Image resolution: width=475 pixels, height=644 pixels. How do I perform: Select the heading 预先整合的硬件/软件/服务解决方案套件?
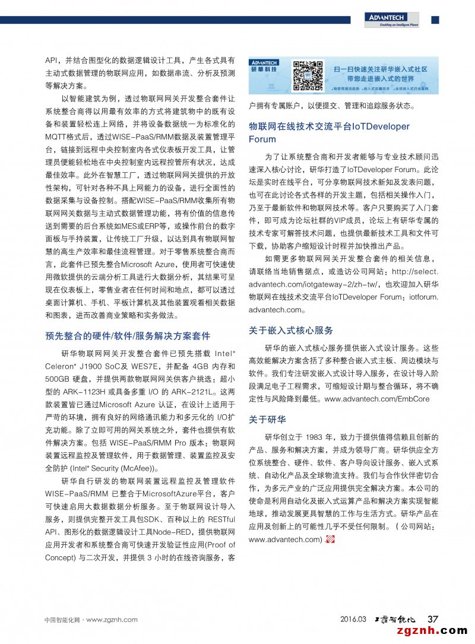pyautogui.click(x=128, y=336)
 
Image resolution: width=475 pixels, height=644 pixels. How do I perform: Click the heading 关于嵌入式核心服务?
pyautogui.click(x=291, y=331)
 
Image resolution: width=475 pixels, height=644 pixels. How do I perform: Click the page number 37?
pyautogui.click(x=433, y=619)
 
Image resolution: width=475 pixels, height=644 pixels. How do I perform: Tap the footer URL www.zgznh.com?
pyautogui.click(x=112, y=620)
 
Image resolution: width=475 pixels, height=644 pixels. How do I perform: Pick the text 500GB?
pyautogui.click(x=58, y=379)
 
